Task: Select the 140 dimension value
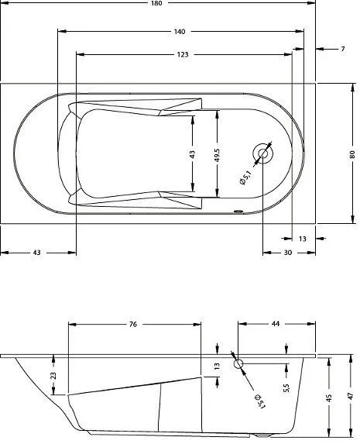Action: pos(180,32)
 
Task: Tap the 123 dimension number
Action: pos(183,55)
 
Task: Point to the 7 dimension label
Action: pos(342,49)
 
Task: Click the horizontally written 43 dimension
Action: pos(37,253)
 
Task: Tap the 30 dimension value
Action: pos(287,253)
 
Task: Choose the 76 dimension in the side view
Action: pos(133,325)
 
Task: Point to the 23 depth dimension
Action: pos(53,375)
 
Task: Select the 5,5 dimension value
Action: pos(286,387)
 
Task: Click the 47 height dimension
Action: pos(351,395)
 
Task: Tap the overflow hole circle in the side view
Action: pos(238,363)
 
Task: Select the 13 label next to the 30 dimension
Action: pos(302,239)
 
